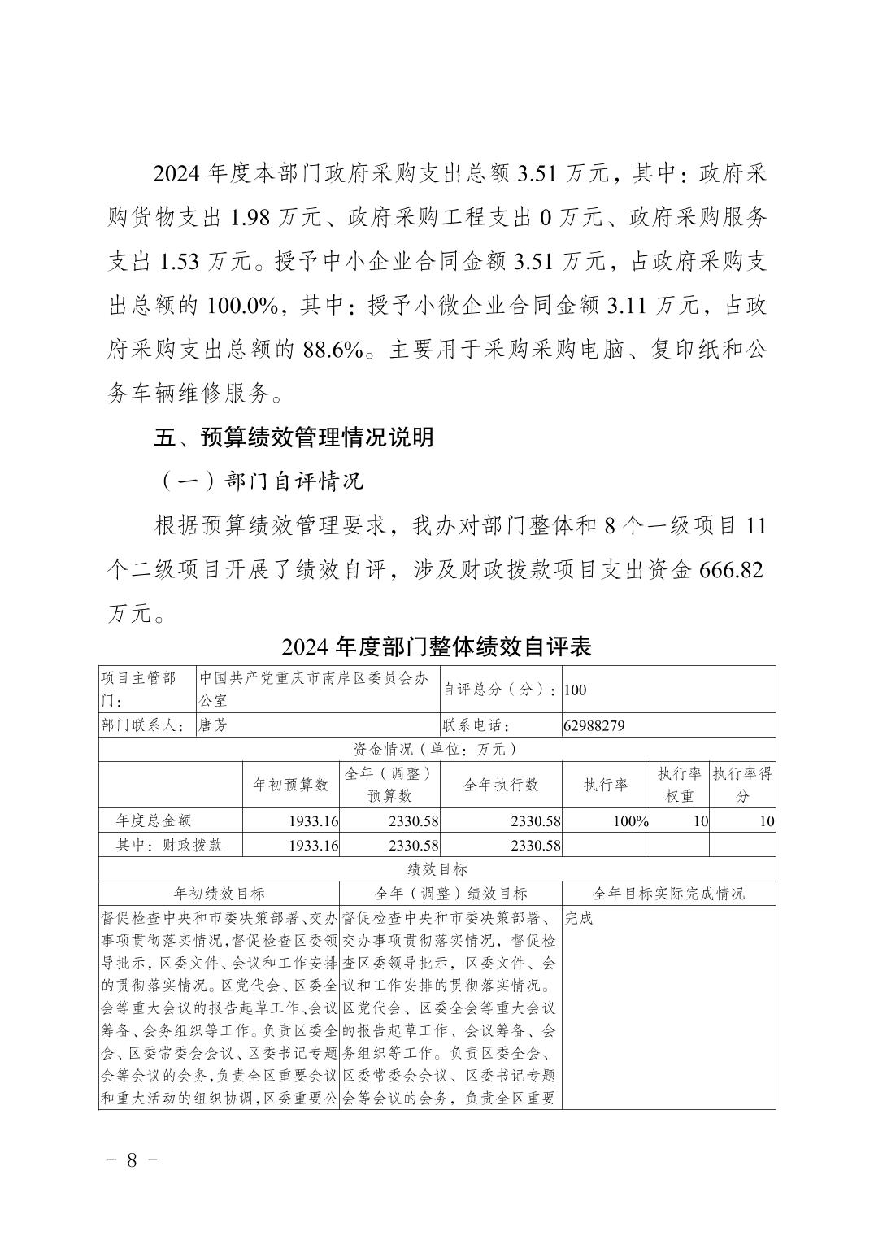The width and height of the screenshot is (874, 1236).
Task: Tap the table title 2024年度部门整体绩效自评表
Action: point(436,646)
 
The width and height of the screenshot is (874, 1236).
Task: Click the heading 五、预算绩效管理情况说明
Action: point(294,437)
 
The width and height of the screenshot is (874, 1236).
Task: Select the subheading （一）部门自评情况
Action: point(259,481)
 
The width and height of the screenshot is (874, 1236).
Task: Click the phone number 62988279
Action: point(594,725)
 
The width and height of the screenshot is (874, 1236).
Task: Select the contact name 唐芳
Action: point(213,725)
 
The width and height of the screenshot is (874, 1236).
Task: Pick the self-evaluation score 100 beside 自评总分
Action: point(575,690)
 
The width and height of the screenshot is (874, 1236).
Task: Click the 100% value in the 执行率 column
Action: point(630,821)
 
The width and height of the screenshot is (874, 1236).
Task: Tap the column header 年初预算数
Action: point(291,785)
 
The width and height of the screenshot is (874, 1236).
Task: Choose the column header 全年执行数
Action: point(500,785)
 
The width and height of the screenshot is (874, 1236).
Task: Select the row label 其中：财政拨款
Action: point(169,845)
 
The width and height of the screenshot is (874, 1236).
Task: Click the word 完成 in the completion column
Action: point(580,918)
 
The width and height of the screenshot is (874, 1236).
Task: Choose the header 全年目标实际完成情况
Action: point(668,893)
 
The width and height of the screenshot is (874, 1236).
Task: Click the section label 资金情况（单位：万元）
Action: point(436,750)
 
